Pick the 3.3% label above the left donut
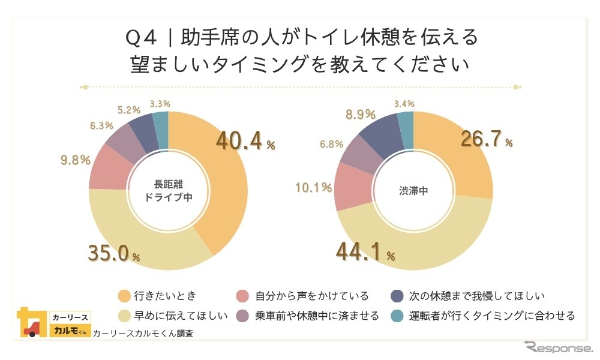160,104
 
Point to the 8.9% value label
360,114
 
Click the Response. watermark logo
557,347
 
